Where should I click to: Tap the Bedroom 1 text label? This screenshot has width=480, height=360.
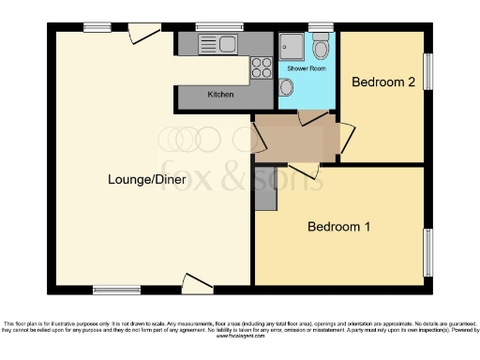[339, 227]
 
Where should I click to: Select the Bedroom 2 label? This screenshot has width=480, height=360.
[382, 82]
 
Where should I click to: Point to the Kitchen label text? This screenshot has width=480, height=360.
[220, 96]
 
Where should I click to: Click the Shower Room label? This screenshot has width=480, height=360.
[305, 68]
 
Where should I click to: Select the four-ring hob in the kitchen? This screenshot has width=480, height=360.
[261, 67]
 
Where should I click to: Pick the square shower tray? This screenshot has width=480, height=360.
[290, 46]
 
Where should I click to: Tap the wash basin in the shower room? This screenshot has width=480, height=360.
[286, 87]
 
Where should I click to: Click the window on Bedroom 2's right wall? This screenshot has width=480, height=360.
[430, 71]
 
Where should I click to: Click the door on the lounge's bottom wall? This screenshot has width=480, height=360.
[198, 282]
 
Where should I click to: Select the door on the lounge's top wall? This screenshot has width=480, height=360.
[142, 33]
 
